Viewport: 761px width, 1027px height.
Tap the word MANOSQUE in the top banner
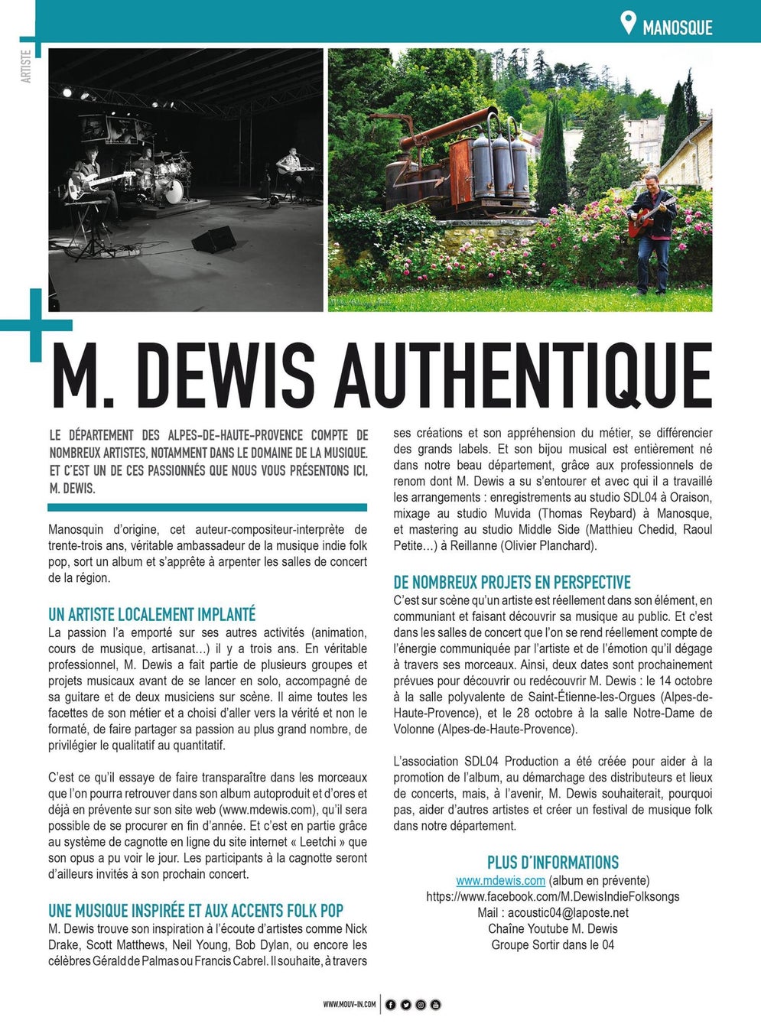coord(677,28)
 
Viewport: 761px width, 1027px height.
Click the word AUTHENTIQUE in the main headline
coord(524,376)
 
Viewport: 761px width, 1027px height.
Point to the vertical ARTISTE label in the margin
coord(27,67)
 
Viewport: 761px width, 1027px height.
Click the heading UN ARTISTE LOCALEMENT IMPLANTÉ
coord(151,614)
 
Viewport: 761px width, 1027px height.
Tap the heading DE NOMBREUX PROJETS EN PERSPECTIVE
coord(512,582)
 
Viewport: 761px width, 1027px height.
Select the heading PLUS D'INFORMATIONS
coord(553,862)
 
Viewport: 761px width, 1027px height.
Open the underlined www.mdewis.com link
coord(500,880)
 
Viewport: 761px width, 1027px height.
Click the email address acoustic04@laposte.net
coord(567,912)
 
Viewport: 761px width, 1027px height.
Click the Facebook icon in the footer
coord(391,1004)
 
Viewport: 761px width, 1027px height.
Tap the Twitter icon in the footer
coord(405,1004)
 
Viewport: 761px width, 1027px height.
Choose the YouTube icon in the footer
coord(435,1004)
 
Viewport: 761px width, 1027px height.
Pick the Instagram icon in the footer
coord(421,1004)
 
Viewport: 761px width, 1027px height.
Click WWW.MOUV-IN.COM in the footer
coord(349,1004)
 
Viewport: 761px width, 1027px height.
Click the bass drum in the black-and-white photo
coord(173,191)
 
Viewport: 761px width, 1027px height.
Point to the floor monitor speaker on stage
coord(213,239)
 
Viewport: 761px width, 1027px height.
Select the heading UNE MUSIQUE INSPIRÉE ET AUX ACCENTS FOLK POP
coord(196,911)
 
